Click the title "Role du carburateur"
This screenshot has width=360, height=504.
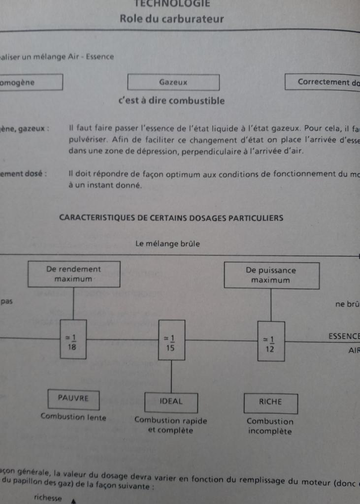pos(171,19)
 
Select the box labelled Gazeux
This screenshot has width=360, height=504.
pos(173,82)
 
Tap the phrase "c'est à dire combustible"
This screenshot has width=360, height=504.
pos(171,101)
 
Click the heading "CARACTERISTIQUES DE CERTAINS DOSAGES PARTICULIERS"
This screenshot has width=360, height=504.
pos(171,217)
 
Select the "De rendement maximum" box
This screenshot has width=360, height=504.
pos(73,274)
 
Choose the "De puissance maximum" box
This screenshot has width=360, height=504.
pos(271,275)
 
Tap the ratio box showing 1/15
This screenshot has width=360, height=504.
pos(171,340)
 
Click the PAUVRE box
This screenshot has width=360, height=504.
pos(73,399)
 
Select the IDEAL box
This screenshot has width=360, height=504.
pos(171,402)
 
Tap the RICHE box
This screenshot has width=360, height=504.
pos(270,402)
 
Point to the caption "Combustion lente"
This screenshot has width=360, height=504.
pos(73,417)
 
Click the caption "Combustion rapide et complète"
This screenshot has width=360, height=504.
pos(170,426)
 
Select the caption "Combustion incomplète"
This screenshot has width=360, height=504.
pos(270,427)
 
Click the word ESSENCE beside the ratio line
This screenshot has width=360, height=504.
pos(343,336)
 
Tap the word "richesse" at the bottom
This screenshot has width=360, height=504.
pos(48,498)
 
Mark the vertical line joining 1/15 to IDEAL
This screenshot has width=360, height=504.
pos(171,377)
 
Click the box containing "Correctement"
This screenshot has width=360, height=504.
pos(323,82)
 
